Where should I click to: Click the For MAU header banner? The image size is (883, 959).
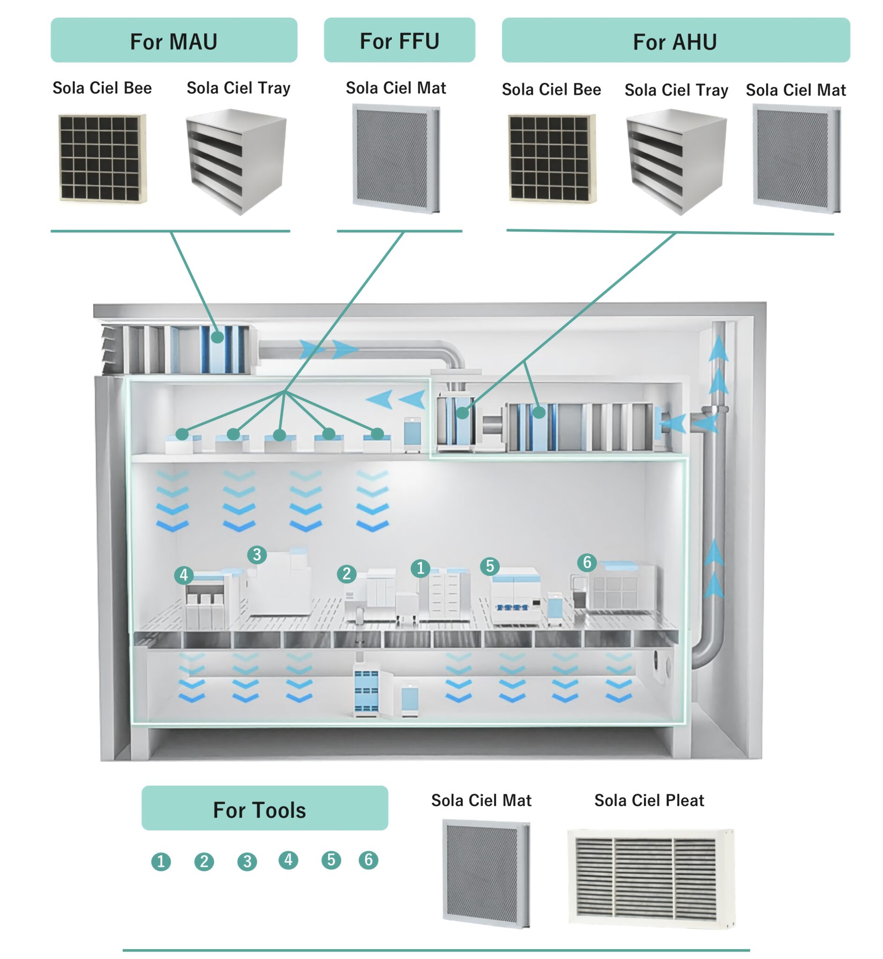pos(174,40)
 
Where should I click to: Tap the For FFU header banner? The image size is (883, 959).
pos(399,40)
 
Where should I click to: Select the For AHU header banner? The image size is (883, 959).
pos(676,40)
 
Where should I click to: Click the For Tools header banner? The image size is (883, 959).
pos(265,810)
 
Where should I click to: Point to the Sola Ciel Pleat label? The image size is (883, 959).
pos(649,800)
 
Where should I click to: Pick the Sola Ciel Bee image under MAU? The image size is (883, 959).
pos(103,158)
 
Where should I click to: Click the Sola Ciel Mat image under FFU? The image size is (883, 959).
pos(396,159)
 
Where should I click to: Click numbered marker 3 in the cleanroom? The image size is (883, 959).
pos(257,554)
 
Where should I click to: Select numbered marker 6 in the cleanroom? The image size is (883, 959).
pos(587,562)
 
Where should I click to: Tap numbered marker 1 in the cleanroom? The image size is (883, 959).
pos(420,568)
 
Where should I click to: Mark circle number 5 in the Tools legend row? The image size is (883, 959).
pos(331,860)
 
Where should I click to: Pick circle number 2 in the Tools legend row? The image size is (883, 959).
pos(204,862)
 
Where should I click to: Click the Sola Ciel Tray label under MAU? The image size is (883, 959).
pos(238,88)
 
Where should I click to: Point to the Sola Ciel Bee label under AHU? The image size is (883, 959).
pos(552,89)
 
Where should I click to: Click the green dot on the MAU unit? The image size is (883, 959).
pos(217,337)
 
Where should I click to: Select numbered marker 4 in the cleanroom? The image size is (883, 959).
pos(184,575)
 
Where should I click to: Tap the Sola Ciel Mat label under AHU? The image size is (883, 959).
pos(795,90)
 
